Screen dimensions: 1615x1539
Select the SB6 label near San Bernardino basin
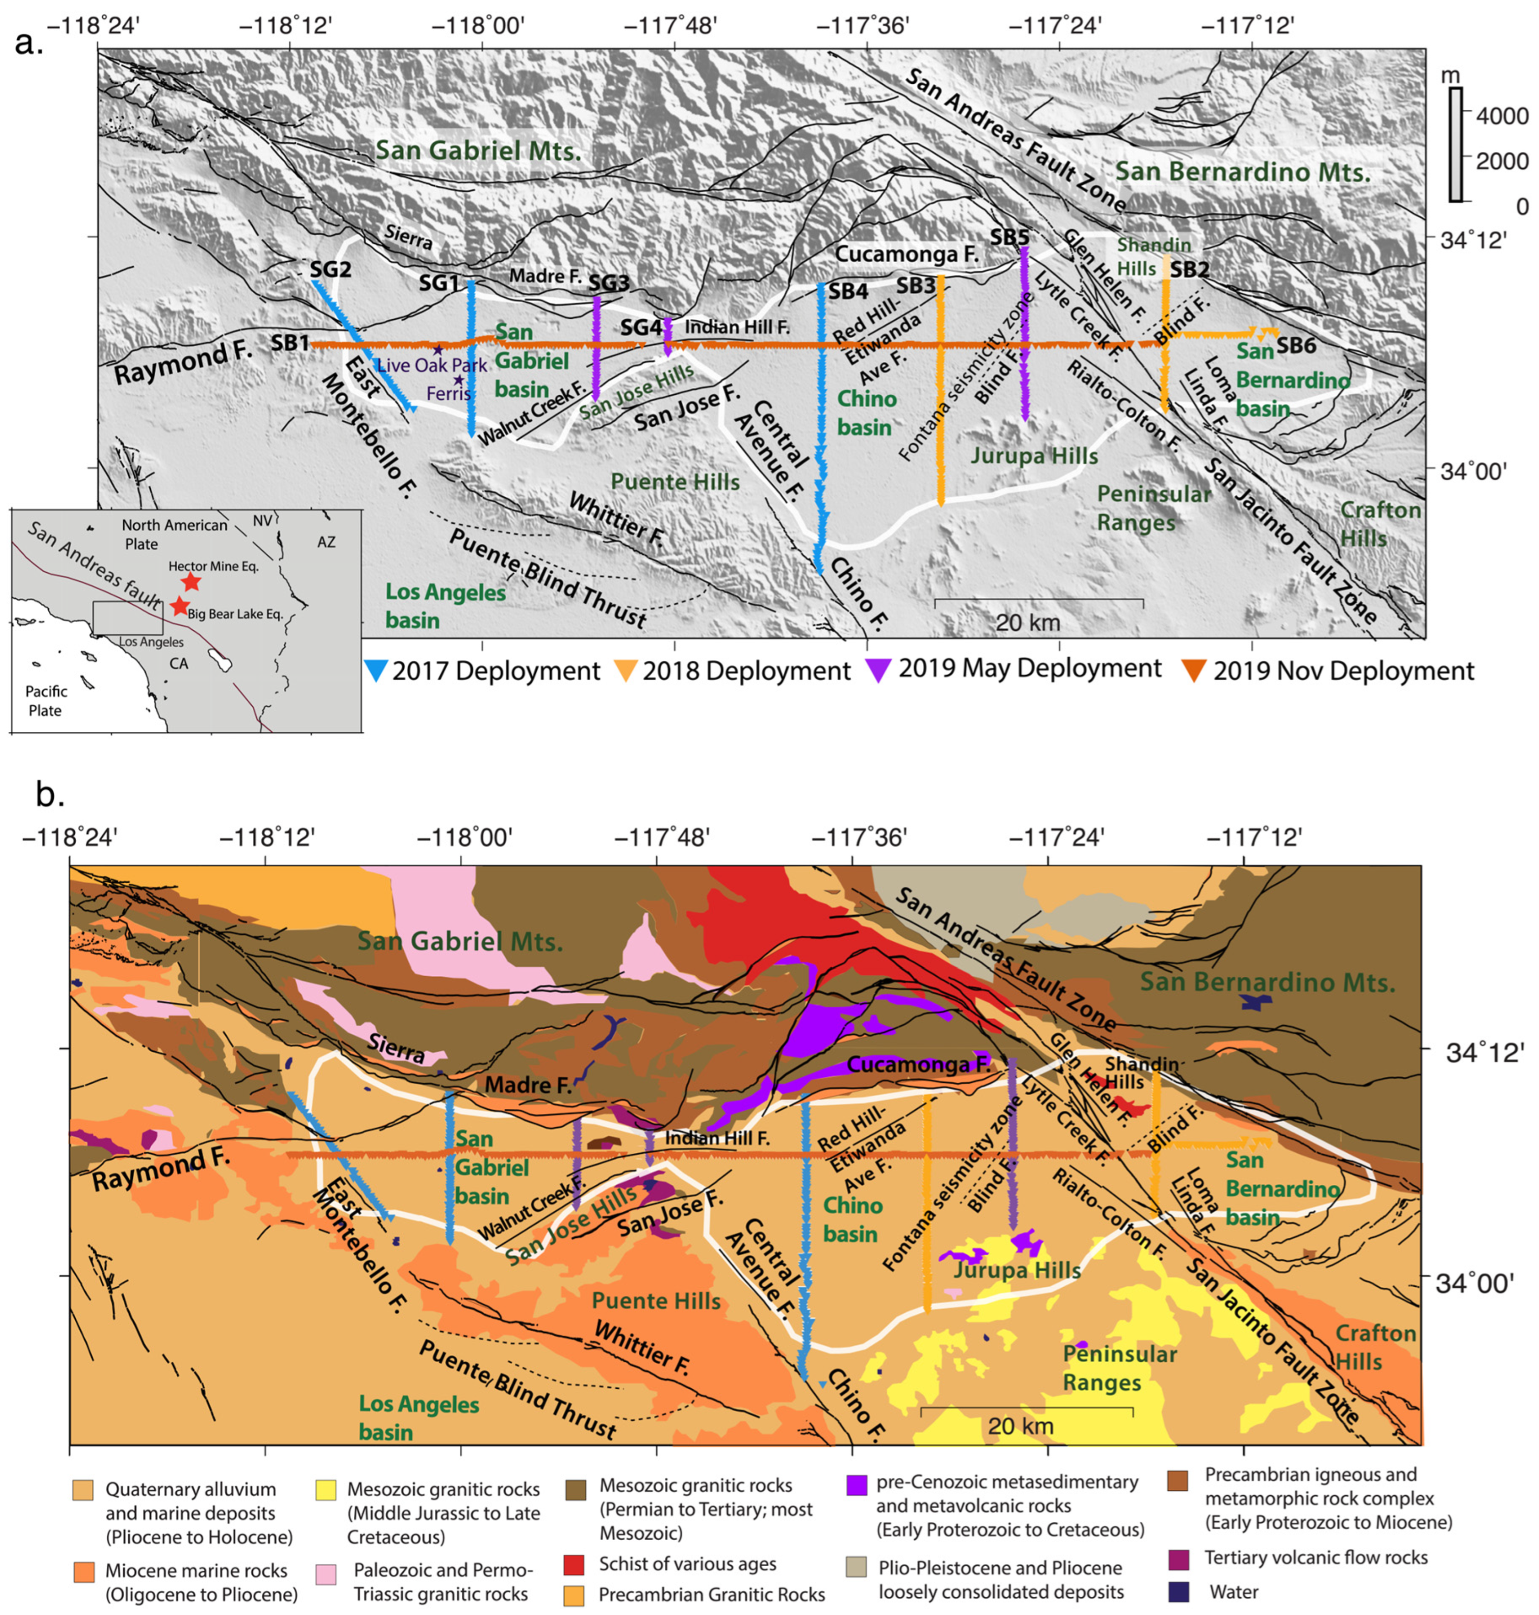(1295, 345)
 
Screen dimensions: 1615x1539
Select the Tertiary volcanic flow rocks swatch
(1179, 1557)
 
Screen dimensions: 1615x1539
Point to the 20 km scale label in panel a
(1028, 622)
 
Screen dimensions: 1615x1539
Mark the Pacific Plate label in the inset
(46, 700)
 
